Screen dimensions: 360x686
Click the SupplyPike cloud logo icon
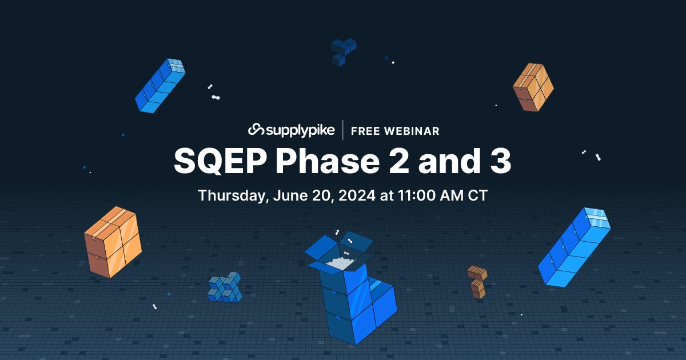point(257,130)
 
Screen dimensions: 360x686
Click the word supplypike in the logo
point(300,131)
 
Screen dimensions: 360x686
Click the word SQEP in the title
point(220,161)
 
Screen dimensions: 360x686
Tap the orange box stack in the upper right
point(533,87)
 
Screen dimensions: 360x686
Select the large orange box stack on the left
point(113,242)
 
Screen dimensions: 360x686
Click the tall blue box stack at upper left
point(160,86)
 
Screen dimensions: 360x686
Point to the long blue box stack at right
point(574,247)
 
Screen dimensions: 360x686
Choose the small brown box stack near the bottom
point(477,281)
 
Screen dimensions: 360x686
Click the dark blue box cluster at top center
point(343,51)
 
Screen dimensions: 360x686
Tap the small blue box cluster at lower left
point(225,287)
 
